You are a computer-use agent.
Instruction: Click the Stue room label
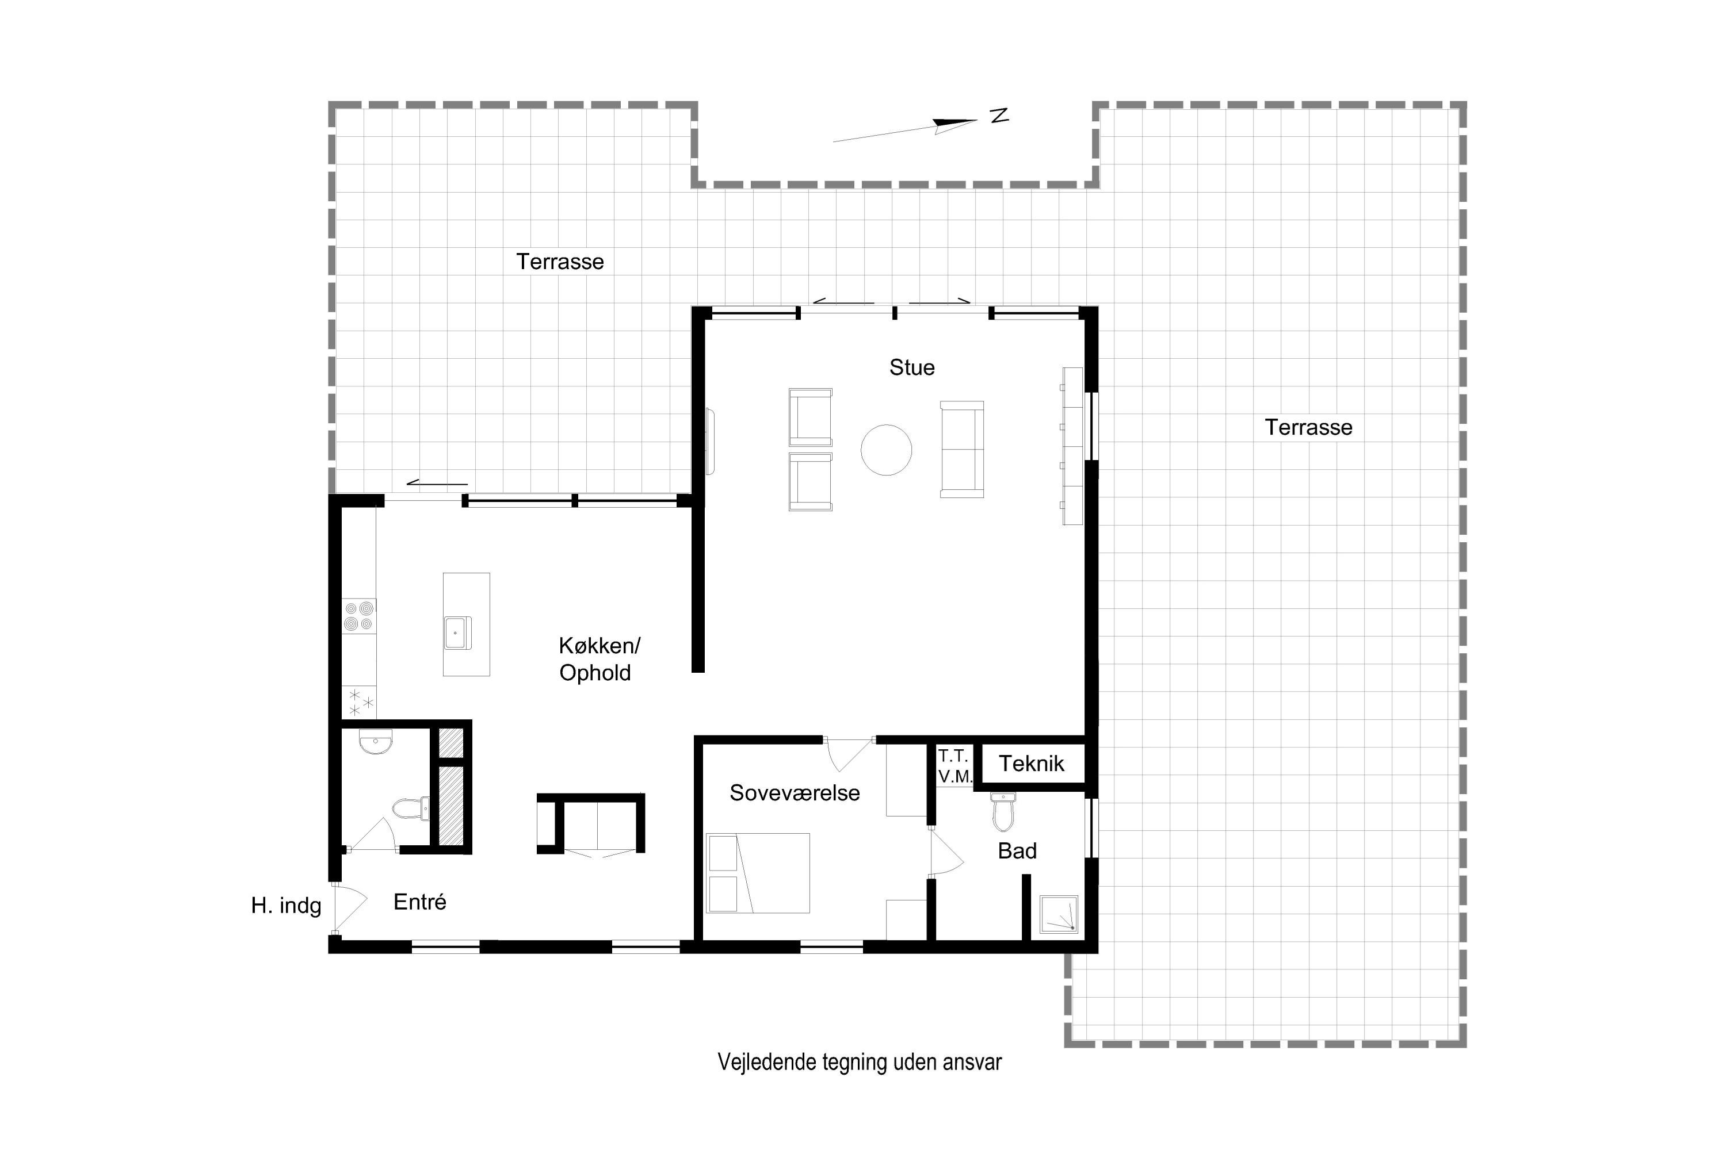coord(911,367)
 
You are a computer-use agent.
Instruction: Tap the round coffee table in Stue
coord(886,450)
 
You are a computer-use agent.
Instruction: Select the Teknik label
coord(1031,764)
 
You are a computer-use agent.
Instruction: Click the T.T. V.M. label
coord(954,766)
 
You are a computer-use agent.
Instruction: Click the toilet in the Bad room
coord(1002,812)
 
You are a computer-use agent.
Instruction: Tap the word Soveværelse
coord(794,793)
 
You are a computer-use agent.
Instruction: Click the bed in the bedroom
coord(757,873)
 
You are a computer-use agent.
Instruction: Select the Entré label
coord(420,902)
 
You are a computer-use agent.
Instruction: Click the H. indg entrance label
coord(286,907)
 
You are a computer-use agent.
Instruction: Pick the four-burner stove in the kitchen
coord(359,616)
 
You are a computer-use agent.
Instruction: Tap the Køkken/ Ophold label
coord(599,660)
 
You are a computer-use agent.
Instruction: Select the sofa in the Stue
coord(961,450)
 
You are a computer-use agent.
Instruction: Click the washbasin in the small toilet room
coord(376,742)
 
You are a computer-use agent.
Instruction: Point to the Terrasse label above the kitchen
coord(560,262)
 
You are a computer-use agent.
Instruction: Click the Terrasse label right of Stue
coord(1308,428)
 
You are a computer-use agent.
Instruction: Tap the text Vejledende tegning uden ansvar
coord(860,1063)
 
